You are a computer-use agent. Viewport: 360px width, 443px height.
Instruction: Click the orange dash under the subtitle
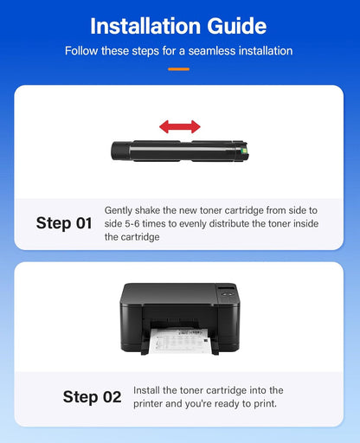pos(179,67)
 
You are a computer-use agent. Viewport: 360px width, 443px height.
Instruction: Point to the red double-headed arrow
pos(179,126)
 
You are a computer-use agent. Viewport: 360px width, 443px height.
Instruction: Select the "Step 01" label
pos(63,223)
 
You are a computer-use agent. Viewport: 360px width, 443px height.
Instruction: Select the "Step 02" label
pos(92,397)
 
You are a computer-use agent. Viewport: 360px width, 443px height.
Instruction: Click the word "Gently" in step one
pos(119,210)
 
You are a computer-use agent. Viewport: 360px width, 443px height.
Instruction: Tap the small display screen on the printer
pos(227,287)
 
